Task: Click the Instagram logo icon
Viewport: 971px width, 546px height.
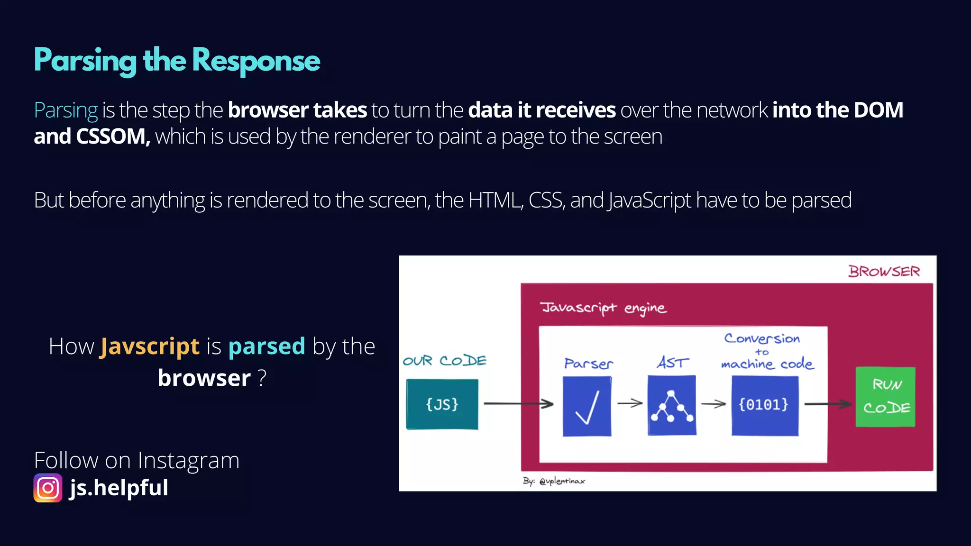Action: tap(48, 488)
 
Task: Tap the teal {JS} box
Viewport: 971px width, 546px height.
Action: tap(442, 404)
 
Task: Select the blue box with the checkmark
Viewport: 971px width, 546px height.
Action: tap(587, 406)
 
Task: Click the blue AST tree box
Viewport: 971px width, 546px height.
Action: tap(672, 405)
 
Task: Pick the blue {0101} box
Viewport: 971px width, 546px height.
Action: tap(764, 405)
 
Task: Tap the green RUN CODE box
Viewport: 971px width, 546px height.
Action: tap(885, 397)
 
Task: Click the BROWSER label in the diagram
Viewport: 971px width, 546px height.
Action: tap(884, 272)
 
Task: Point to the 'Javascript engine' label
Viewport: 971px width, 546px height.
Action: tap(604, 308)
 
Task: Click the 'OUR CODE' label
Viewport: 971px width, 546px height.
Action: tap(444, 361)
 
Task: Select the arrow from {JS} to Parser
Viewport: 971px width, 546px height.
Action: tap(518, 404)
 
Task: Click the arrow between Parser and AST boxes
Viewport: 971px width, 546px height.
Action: tap(630, 403)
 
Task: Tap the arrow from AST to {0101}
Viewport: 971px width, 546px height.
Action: tap(714, 404)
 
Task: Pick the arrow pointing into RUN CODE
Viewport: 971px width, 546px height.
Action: tap(828, 404)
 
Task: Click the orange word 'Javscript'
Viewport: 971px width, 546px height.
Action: tap(149, 346)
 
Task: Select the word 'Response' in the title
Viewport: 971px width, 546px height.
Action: tap(256, 61)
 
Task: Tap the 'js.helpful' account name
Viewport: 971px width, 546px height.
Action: tap(119, 488)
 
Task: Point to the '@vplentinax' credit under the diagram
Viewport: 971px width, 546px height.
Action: tap(562, 481)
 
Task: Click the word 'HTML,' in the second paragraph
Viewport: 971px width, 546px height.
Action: tap(496, 200)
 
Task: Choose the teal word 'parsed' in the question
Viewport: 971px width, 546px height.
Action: tap(266, 346)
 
